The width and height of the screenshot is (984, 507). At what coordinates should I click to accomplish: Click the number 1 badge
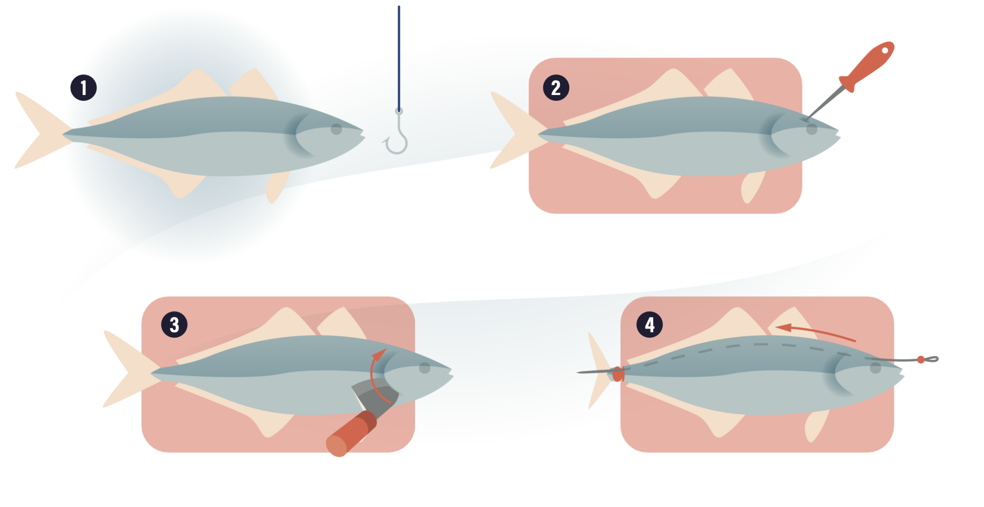click(84, 88)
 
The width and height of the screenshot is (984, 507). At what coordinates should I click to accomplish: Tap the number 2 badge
click(556, 88)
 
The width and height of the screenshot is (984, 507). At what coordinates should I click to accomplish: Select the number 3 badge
click(174, 325)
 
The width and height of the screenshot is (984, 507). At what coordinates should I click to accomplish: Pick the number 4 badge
click(649, 325)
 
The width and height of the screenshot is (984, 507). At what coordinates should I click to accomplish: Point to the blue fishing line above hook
click(399, 58)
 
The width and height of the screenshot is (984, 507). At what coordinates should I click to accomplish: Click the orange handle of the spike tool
click(870, 65)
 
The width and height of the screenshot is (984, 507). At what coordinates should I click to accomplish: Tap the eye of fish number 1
click(336, 129)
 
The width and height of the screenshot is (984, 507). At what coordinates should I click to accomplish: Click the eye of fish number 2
click(812, 129)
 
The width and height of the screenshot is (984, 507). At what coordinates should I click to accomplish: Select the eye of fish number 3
click(425, 368)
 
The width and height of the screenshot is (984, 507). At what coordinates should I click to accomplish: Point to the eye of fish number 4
click(875, 368)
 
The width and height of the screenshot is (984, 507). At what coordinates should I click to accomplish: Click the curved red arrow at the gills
click(374, 374)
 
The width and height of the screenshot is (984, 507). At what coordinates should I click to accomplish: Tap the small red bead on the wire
click(921, 360)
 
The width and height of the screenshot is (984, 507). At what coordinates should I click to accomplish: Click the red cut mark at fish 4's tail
click(618, 374)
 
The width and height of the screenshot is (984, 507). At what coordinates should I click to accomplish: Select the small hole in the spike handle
click(885, 50)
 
